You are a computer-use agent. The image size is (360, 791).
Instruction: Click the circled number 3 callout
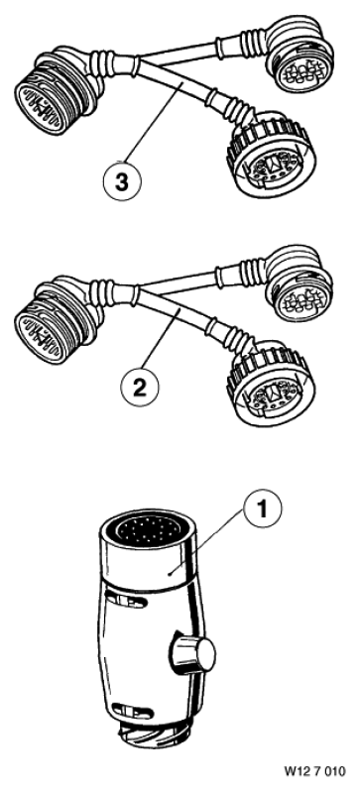(x=122, y=181)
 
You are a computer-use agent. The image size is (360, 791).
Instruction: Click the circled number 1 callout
(x=262, y=510)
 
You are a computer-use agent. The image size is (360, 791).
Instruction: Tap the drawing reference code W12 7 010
(x=315, y=771)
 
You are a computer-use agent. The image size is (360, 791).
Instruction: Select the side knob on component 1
(x=196, y=654)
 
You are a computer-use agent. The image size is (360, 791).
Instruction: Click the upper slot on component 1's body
(x=126, y=601)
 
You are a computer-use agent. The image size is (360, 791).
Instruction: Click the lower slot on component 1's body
(x=131, y=711)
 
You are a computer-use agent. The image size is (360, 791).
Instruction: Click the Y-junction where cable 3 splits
(x=135, y=66)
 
